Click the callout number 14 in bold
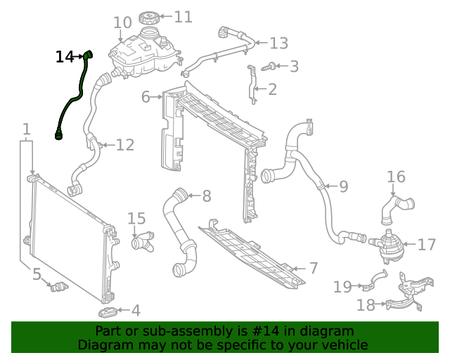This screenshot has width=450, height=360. (65, 56)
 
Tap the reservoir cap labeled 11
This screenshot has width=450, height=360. (151, 18)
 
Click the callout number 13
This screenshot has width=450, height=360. (278, 44)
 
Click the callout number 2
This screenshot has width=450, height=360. (272, 89)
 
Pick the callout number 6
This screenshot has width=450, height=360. (146, 96)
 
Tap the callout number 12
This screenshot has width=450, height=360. (124, 146)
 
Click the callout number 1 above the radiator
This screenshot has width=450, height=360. (26, 129)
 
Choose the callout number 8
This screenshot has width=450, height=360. (206, 196)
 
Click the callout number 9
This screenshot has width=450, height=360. (343, 186)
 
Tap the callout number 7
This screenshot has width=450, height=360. (314, 268)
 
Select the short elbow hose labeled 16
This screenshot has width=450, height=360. (399, 205)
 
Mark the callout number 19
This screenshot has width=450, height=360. (342, 286)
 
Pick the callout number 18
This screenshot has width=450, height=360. (365, 305)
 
